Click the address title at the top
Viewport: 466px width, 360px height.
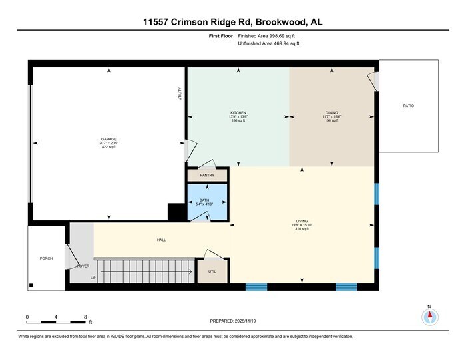[233, 22]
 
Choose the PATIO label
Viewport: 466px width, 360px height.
[409, 106]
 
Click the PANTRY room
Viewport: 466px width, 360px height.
[207, 176]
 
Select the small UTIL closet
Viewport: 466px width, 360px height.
[212, 271]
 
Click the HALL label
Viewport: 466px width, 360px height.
[161, 240]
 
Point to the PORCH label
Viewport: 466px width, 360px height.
[46, 258]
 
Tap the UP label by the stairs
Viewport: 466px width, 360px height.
[93, 277]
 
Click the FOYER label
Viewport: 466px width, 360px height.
[83, 266]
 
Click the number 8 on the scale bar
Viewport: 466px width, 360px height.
[85, 317]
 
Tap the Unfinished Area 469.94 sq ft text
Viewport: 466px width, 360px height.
[268, 43]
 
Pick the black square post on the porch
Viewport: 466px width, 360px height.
[31, 285]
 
